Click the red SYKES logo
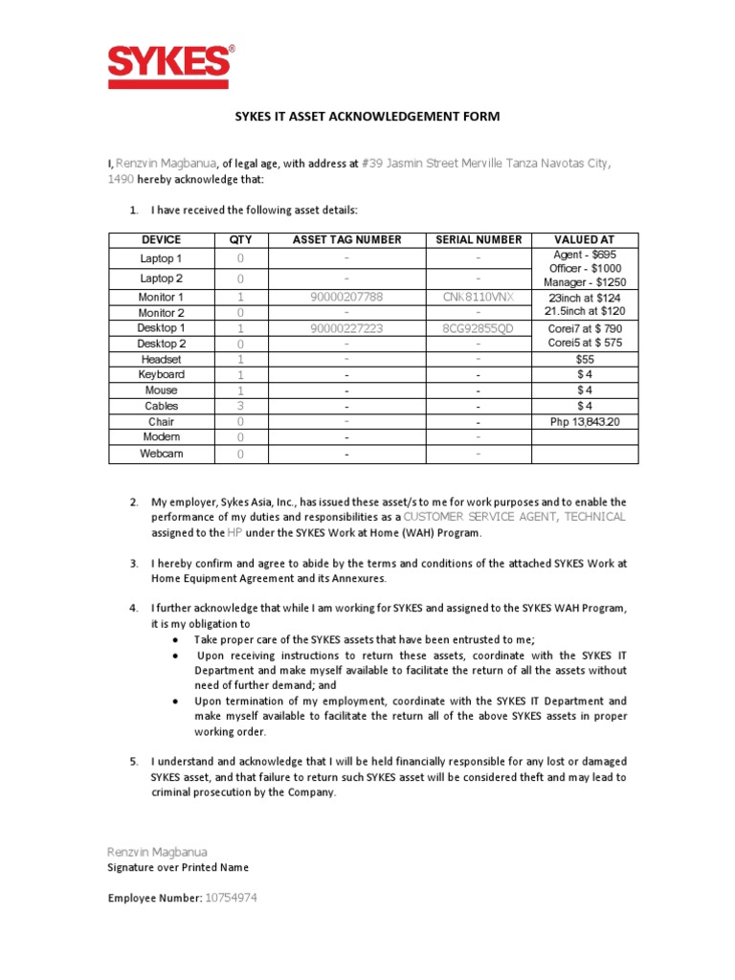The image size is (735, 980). tap(169, 66)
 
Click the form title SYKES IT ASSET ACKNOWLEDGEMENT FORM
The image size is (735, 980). tap(367, 117)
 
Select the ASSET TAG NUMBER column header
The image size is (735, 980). tap(345, 239)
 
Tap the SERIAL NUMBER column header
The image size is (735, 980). tap(479, 239)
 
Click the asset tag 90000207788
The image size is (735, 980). tap(345, 297)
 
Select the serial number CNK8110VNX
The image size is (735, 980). tap(479, 297)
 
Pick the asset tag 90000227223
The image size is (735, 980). tap(345, 328)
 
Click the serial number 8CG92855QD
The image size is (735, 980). tap(479, 328)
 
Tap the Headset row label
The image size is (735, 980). tap(161, 359)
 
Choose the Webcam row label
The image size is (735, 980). tap(161, 453)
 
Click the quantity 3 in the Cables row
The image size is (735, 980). tap(240, 406)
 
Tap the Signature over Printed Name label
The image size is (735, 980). tap(178, 867)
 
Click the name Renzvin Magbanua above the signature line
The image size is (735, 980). tap(156, 851)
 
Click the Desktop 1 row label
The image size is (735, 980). tap(161, 328)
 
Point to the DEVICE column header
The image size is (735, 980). tap(161, 239)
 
